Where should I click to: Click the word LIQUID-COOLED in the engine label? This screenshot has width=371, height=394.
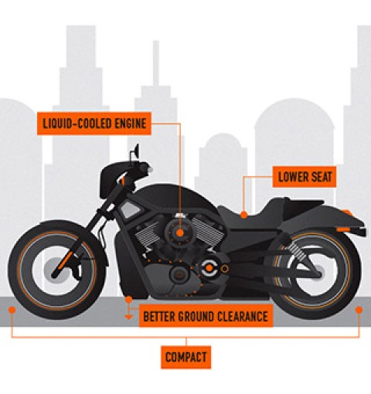(77, 124)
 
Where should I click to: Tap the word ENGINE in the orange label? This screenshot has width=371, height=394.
(131, 124)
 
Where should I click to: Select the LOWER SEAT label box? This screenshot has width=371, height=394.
(305, 177)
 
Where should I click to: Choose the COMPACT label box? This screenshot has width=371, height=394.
(185, 357)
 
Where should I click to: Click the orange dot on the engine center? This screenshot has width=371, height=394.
(180, 233)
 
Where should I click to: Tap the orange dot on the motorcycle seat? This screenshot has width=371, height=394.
(243, 214)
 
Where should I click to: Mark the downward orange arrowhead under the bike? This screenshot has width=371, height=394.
(128, 317)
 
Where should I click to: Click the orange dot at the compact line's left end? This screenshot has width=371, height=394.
(12, 310)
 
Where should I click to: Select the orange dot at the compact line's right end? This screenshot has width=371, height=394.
(359, 310)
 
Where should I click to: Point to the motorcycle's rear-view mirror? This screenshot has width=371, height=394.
(136, 152)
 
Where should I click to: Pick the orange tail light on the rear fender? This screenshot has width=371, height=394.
(344, 229)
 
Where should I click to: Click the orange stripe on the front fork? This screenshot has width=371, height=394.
(64, 260)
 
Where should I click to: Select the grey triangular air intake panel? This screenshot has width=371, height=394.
(131, 209)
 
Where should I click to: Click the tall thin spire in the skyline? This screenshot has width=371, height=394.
(156, 63)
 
